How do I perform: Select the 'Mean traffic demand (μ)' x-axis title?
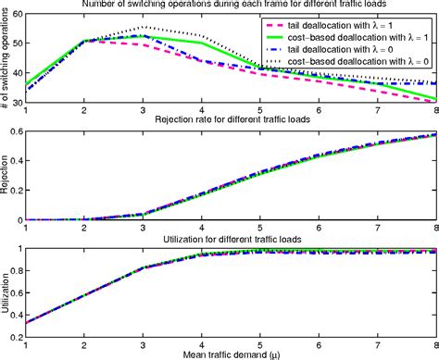[232, 353]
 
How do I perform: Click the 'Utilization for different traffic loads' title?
[232, 238]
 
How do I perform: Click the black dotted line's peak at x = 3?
[143, 28]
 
